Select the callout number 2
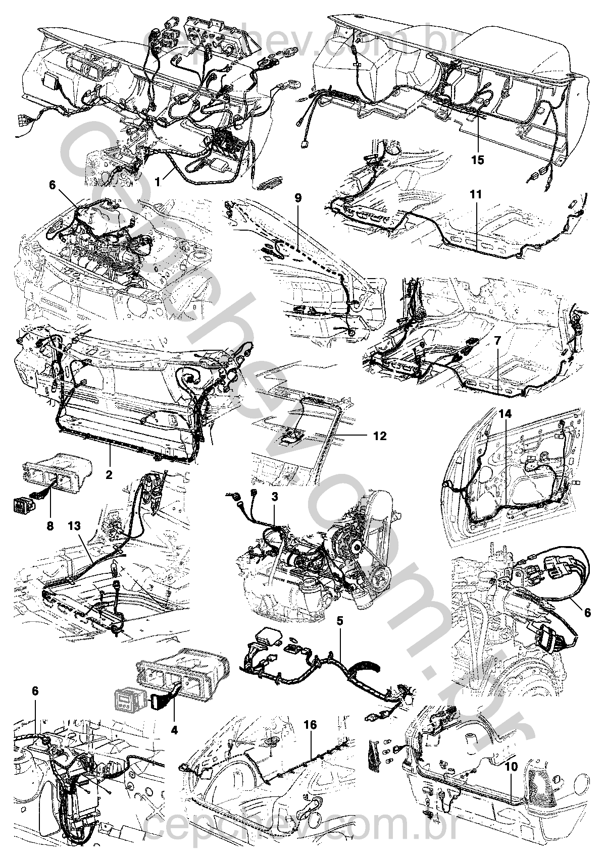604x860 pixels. pyautogui.click(x=109, y=474)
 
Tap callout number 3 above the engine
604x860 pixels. pyautogui.click(x=274, y=497)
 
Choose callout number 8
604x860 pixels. pyautogui.click(x=50, y=525)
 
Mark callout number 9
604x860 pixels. pyautogui.click(x=298, y=197)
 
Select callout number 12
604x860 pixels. pyautogui.click(x=380, y=435)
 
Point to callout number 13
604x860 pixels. pyautogui.click(x=74, y=526)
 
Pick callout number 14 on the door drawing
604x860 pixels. pyautogui.click(x=506, y=414)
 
